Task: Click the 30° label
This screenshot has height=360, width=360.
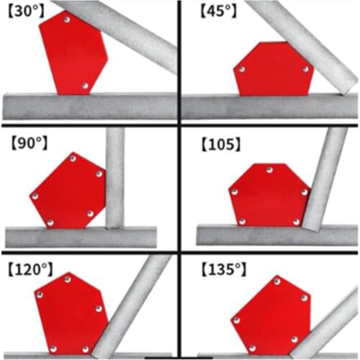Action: tap(27, 12)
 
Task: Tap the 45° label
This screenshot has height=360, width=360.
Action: tap(218, 12)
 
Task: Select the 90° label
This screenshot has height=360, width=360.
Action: tap(30, 143)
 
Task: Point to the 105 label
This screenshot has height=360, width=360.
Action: tap(221, 145)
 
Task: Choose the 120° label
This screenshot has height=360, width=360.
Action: tap(30, 269)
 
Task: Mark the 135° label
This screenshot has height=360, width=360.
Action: tap(224, 269)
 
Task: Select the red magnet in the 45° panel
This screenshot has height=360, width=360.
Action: tap(274, 70)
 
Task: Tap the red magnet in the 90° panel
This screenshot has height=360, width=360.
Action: tap(68, 191)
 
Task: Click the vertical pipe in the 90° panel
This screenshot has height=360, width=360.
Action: tap(115, 178)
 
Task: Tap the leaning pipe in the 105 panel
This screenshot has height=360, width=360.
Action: tap(324, 179)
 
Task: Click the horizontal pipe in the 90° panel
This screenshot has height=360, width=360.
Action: tap(81, 237)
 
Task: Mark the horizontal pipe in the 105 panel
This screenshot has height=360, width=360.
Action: tap(277, 235)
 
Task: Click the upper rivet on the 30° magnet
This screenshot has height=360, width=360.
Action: tap(67, 19)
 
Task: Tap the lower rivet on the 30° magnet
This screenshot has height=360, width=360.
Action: tap(85, 86)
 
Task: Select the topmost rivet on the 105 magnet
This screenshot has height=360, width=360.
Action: tap(269, 170)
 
